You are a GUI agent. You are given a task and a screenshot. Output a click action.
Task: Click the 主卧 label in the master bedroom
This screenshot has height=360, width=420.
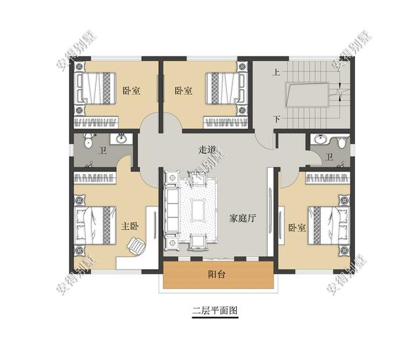[x=130, y=226]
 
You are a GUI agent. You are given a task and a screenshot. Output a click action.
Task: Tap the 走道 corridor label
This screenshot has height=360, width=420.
[x=207, y=150]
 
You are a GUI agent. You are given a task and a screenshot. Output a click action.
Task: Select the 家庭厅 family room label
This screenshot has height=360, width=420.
[x=243, y=219]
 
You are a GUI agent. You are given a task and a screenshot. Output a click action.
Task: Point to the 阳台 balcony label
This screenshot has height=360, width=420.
[x=217, y=275]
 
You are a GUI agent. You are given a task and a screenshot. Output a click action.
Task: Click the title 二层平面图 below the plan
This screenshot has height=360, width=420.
[x=215, y=311]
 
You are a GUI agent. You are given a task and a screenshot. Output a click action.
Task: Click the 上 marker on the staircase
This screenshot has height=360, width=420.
[x=276, y=72]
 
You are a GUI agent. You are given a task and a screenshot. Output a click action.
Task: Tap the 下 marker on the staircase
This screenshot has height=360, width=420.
[x=277, y=118]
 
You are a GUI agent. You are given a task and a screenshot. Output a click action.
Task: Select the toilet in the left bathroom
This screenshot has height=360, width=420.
[x=88, y=141]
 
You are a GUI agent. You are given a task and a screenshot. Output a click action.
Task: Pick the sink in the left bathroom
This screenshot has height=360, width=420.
[x=121, y=139]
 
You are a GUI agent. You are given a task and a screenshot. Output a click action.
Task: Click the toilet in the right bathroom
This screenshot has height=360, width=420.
[x=342, y=141]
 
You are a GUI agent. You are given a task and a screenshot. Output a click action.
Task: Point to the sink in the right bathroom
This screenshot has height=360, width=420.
[x=320, y=139]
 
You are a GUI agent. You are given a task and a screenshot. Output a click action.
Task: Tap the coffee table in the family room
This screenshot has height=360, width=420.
[x=198, y=210]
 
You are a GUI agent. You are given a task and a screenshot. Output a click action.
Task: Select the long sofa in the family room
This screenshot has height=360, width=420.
[x=171, y=210]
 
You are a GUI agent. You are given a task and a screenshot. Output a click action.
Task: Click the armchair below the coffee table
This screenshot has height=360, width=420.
[x=198, y=241]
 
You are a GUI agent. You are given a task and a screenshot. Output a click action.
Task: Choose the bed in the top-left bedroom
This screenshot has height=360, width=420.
[x=96, y=88]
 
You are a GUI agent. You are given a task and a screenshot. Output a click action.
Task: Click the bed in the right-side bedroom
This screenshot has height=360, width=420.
[x=329, y=225]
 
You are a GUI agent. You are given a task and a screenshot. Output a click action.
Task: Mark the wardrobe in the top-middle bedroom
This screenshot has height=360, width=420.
[x=226, y=122]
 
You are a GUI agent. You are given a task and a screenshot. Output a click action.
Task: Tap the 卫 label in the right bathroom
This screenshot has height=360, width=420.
[x=329, y=158]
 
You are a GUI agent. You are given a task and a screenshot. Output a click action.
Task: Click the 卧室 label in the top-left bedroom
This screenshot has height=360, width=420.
[x=131, y=91]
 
